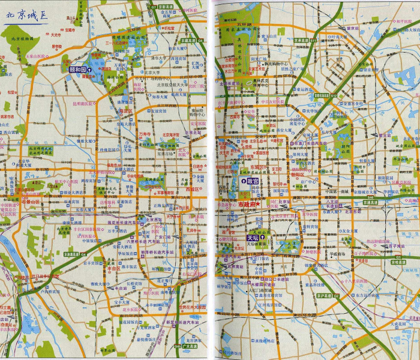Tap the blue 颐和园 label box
77,70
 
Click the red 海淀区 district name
125,111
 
